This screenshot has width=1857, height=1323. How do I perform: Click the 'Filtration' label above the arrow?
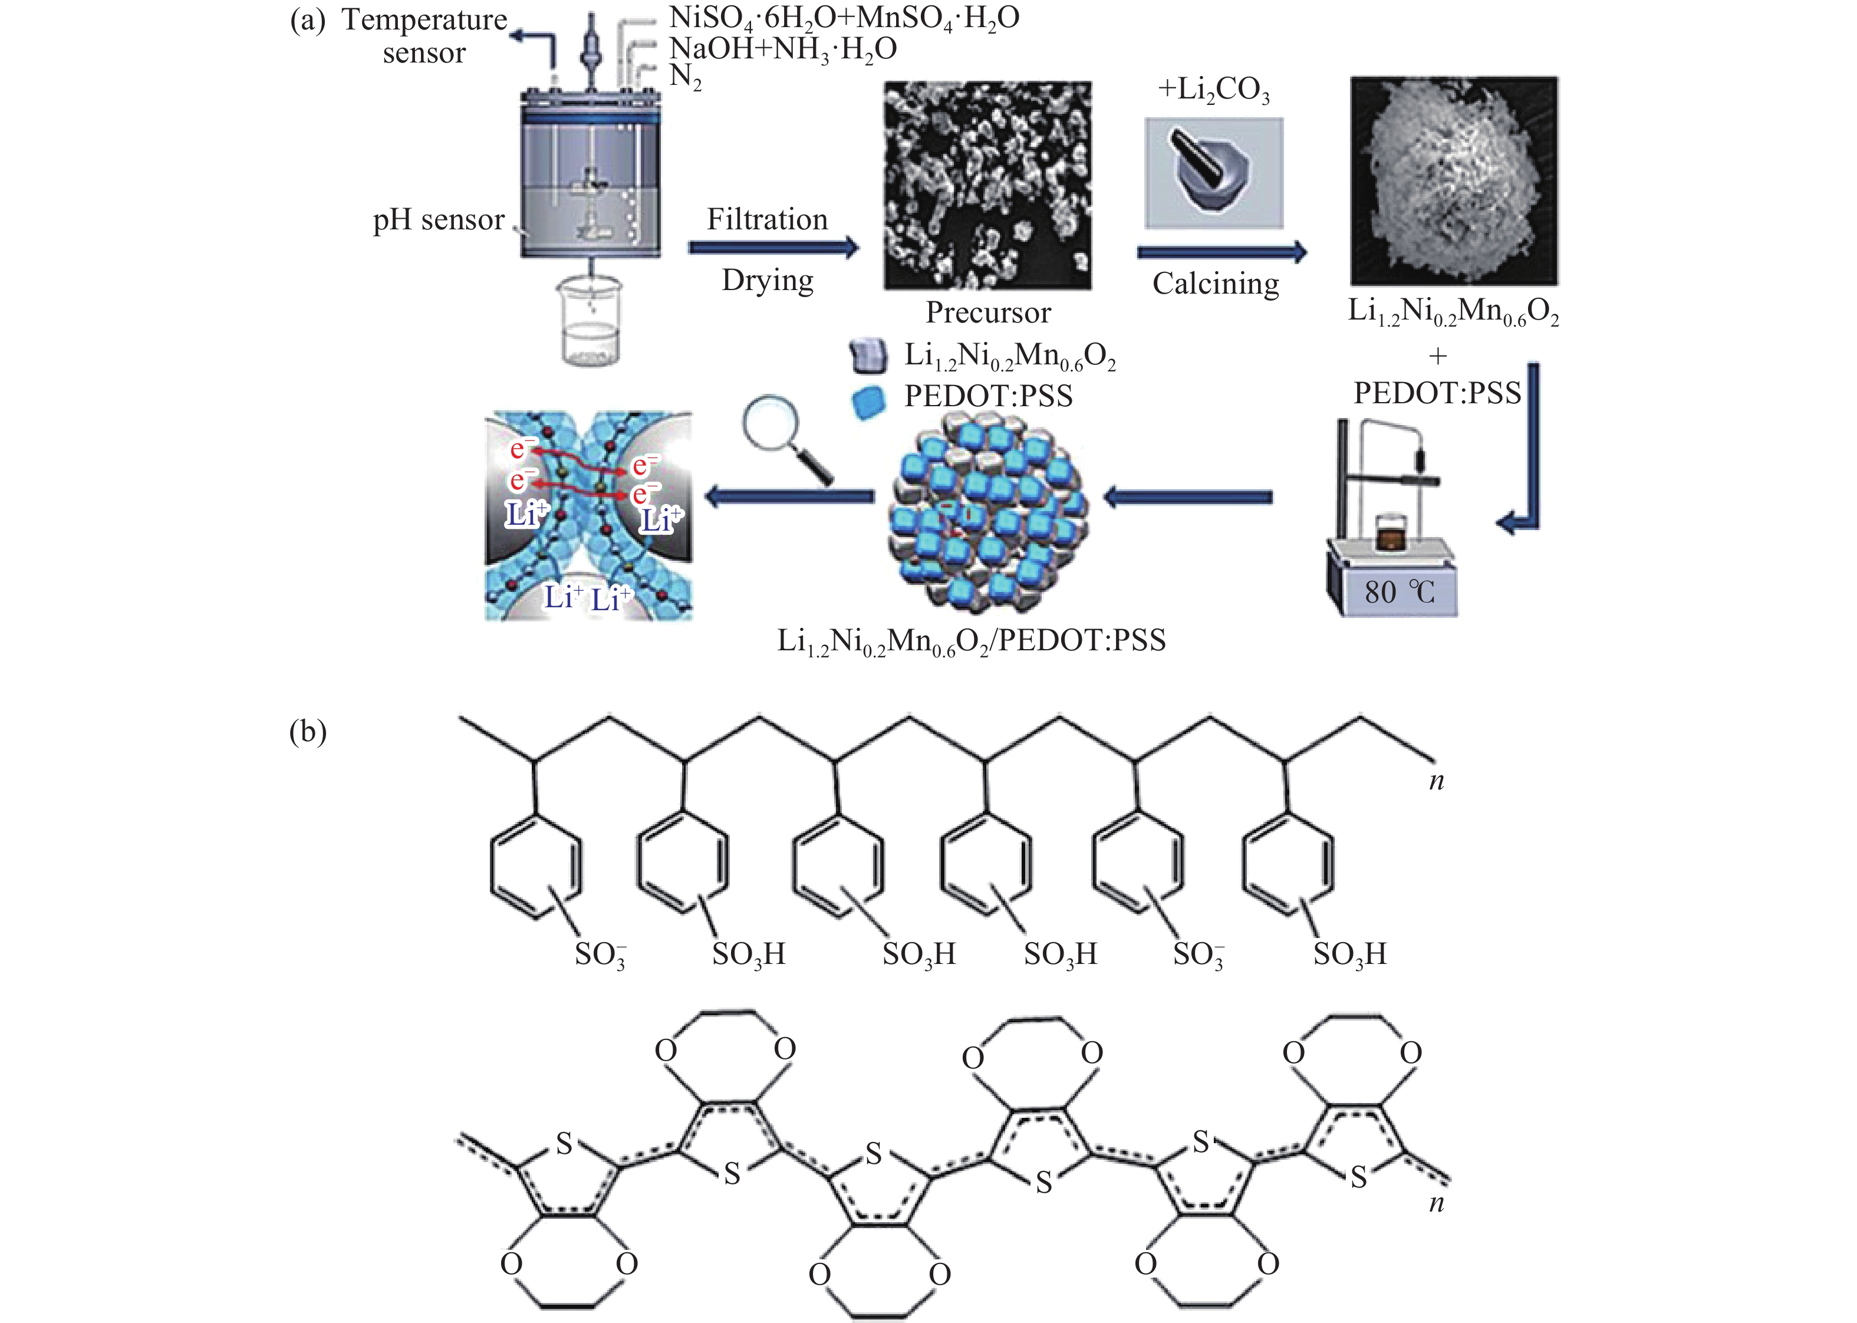766,219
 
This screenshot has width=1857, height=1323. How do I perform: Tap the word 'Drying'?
767,280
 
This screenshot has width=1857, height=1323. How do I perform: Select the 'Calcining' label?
1215,284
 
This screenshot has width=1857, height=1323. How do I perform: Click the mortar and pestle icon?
1214,173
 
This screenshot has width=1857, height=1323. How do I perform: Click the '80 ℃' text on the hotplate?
1400,591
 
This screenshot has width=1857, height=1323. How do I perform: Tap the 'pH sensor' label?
438,220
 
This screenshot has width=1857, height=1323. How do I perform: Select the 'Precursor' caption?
988,312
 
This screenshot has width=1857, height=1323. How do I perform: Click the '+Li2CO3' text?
1214,90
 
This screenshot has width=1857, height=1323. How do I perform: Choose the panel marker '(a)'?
307,19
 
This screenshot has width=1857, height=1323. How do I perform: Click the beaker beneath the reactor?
588,322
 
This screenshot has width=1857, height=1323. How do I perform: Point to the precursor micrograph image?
988,185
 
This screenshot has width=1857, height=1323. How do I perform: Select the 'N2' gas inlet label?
685,77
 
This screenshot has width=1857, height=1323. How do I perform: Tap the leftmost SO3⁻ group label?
600,954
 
